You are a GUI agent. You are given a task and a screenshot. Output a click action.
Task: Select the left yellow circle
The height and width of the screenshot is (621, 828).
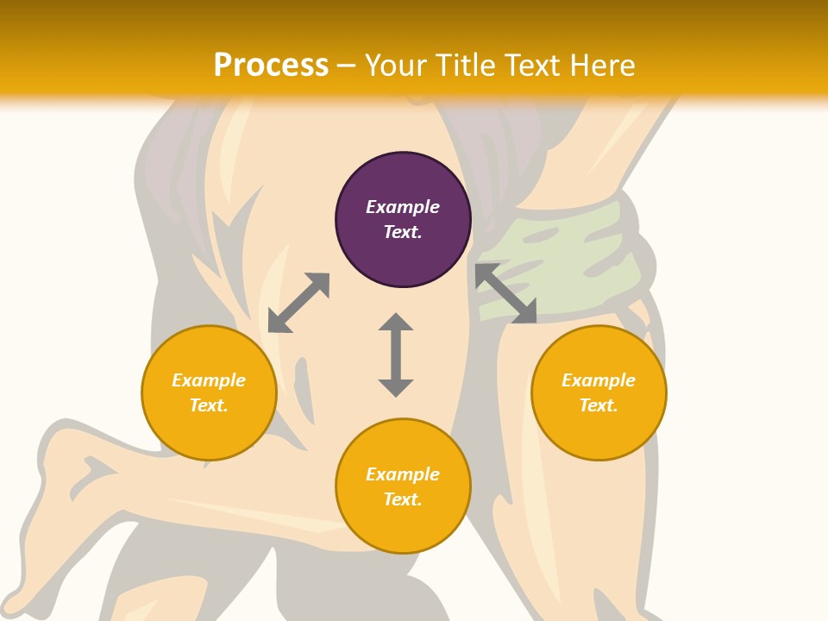coord(209,431)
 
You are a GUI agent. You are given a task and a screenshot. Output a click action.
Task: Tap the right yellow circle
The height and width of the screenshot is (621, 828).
coord(599,431)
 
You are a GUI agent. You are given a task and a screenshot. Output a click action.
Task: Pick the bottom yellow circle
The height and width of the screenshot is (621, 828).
coord(403,526)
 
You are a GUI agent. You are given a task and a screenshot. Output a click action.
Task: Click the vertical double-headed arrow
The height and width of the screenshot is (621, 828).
coord(396,354)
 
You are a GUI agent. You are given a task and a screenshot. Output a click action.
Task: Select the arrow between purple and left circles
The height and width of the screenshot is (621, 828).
coord(298,303)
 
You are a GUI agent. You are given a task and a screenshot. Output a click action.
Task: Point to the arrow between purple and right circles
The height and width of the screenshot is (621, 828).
coord(506,293)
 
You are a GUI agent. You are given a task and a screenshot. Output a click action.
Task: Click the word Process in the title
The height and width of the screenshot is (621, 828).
coord(271,65)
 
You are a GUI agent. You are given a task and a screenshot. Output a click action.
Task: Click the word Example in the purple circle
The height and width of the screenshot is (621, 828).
coord(403,207)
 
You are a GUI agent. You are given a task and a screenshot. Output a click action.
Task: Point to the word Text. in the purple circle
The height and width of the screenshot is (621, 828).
coord(403,232)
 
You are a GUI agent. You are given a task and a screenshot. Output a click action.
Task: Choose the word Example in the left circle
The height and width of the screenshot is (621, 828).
coord(209,380)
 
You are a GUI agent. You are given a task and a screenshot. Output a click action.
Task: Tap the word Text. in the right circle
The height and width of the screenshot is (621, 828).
coord(599,405)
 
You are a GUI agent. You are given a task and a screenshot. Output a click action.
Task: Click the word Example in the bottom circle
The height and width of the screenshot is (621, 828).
coord(403,474)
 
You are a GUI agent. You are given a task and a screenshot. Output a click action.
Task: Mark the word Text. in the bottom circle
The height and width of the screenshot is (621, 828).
coord(403,499)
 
